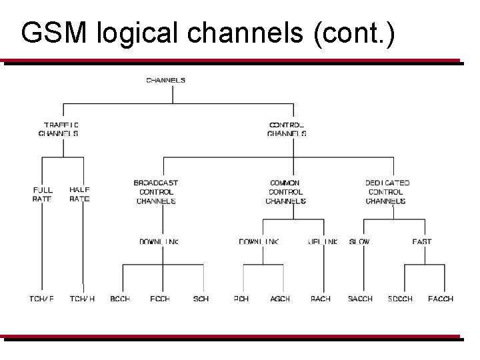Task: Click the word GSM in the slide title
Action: (x=54, y=33)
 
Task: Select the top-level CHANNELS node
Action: (x=165, y=81)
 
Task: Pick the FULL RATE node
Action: (x=42, y=194)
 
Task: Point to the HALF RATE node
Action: (x=79, y=194)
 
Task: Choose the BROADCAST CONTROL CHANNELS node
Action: (x=156, y=192)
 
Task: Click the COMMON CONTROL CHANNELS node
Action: (x=285, y=192)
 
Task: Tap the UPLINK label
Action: (x=323, y=241)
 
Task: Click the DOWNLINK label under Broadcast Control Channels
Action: (x=159, y=241)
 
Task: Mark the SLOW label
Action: (x=359, y=241)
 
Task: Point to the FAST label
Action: (x=421, y=241)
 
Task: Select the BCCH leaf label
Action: (x=121, y=299)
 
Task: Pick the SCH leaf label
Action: (x=201, y=299)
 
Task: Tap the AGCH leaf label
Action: (x=280, y=299)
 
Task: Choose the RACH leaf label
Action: (x=321, y=299)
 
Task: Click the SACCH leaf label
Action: (x=360, y=299)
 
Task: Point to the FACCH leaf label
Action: (x=441, y=299)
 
